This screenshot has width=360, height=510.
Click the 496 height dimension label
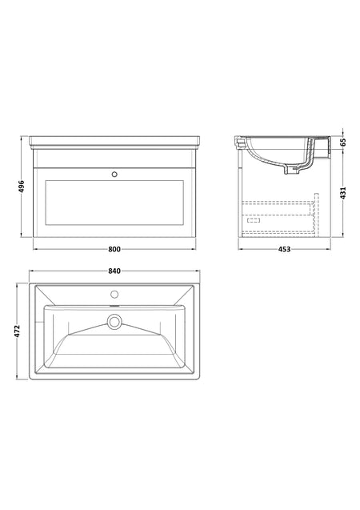click(21, 187)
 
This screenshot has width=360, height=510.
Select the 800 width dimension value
click(114, 249)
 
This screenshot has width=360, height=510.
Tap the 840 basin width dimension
click(114, 271)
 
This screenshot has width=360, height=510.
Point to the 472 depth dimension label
click(18, 331)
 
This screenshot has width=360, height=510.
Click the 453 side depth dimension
click(284, 249)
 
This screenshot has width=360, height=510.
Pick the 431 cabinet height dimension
click(343, 193)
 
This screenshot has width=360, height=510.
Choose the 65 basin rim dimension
click(343, 143)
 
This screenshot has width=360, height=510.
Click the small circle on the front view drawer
click(114, 175)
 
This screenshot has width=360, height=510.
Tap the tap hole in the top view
click(114, 295)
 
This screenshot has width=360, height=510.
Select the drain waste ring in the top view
click(114, 322)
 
